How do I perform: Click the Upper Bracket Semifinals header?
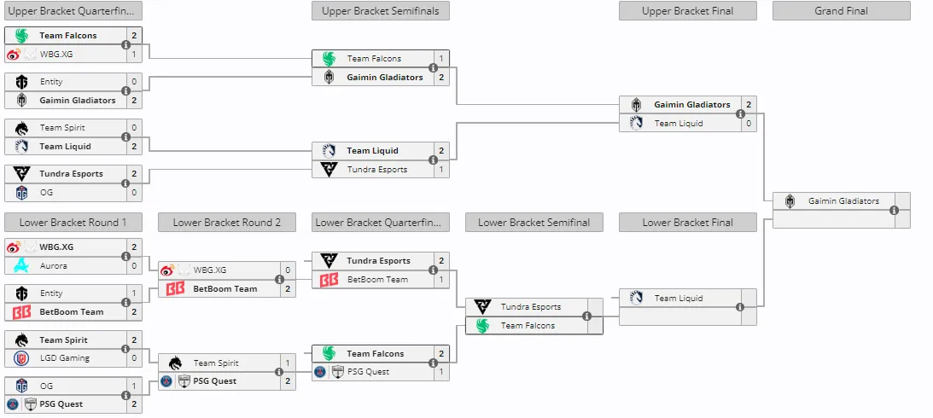(380, 11)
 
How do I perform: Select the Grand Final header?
(842, 11)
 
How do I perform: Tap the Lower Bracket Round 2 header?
(227, 223)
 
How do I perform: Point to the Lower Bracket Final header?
(688, 223)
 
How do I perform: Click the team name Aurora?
(54, 266)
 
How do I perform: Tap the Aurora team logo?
(21, 266)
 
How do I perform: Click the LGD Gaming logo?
(21, 358)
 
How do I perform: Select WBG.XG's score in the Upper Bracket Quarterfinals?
(134, 54)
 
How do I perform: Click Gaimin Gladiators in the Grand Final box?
(843, 201)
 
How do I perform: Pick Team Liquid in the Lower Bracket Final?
(679, 298)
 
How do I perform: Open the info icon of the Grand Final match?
(894, 210)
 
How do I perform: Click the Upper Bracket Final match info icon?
(740, 113)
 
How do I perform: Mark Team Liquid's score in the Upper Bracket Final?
(749, 123)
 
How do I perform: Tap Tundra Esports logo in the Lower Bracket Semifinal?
(482, 307)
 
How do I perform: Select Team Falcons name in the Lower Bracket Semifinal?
(528, 325)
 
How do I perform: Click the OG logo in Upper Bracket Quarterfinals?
(22, 192)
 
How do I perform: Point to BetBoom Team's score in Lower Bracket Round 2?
(288, 289)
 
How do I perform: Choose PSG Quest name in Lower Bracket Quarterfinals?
(368, 372)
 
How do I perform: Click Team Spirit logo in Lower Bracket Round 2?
(175, 363)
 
